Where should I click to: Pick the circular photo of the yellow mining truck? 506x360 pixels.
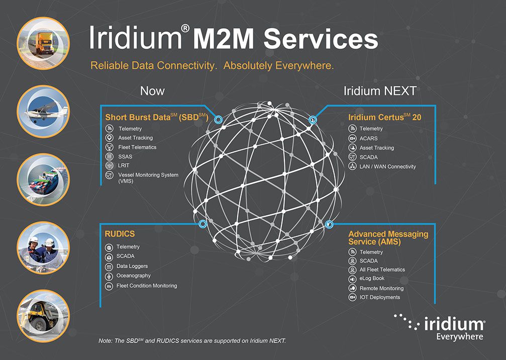coord(44,315)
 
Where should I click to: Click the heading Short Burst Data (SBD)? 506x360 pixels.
coord(157,117)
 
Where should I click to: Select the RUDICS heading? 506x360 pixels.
coord(120,234)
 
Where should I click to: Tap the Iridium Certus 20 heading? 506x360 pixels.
coord(384,117)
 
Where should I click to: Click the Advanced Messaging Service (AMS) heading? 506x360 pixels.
coord(388,237)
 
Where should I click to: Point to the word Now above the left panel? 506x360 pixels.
coord(152,91)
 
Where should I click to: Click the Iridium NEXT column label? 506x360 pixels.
coord(380,91)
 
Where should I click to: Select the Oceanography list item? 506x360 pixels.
coord(133,276)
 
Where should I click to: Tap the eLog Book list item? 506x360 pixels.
coord(372,279)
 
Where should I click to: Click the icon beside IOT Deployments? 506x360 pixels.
coord(352,297)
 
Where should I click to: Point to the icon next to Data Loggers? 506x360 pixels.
coord(109,267)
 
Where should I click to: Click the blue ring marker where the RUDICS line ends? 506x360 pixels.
coord(203,224)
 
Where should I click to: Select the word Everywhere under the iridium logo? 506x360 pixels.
coord(460,336)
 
